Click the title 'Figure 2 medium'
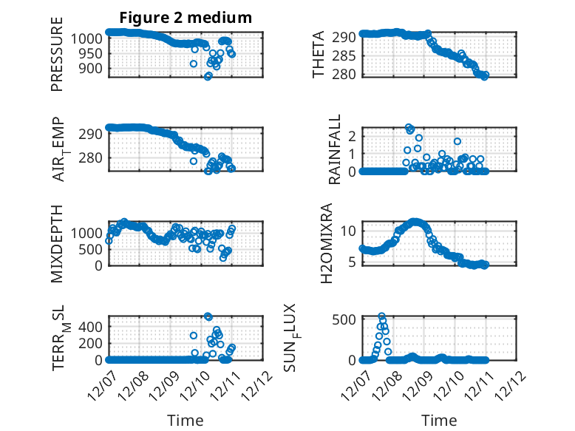click(x=186, y=18)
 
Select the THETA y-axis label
click(x=319, y=55)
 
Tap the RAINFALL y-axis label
click(x=334, y=149)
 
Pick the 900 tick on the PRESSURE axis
click(x=93, y=68)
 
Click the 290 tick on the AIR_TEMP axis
click(x=96, y=134)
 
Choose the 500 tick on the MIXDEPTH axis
click(x=96, y=249)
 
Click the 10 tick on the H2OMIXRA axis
click(x=351, y=229)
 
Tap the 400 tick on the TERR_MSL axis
click(x=96, y=326)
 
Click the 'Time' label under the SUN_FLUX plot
click(x=439, y=420)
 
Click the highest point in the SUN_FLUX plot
click(x=382, y=316)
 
